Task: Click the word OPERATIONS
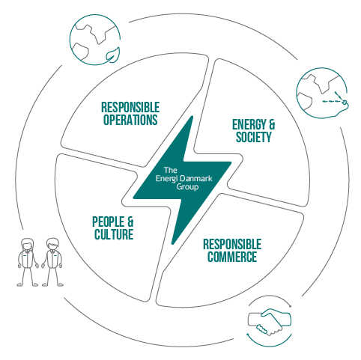(x=130, y=120)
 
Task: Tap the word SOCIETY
(x=254, y=137)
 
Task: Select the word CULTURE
(x=114, y=234)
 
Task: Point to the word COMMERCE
(x=232, y=257)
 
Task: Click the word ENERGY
(x=246, y=124)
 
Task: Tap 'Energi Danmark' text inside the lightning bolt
(x=184, y=179)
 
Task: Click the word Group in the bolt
(x=187, y=187)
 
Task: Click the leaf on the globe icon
(x=112, y=54)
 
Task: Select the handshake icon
(x=270, y=321)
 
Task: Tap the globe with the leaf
(x=95, y=40)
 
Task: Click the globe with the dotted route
(x=322, y=93)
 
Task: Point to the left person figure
(x=28, y=262)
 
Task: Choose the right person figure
(x=52, y=262)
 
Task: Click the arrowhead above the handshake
(x=290, y=305)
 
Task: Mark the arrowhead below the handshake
(x=248, y=335)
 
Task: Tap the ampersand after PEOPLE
(x=130, y=222)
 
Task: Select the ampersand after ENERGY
(x=271, y=124)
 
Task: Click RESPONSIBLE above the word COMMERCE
(x=232, y=244)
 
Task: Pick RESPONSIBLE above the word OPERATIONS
(x=130, y=108)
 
